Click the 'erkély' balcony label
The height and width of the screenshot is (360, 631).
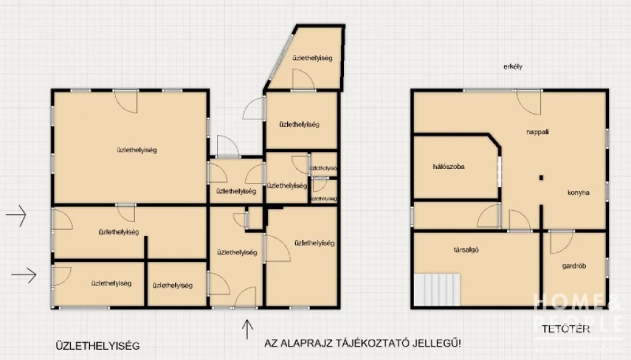click(513, 67)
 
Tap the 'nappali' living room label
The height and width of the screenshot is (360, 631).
click(537, 132)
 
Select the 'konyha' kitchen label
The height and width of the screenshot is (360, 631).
click(579, 192)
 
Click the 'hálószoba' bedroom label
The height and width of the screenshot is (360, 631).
click(449, 167)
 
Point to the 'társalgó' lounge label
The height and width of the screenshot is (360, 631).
click(466, 250)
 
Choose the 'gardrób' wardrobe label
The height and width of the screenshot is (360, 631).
click(574, 266)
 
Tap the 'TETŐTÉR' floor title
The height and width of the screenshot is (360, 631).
click(566, 329)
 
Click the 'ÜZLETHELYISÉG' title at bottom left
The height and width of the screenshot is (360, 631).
click(97, 346)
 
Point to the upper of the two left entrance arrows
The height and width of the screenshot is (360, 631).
click(16, 216)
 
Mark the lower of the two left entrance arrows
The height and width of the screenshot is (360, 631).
click(23, 274)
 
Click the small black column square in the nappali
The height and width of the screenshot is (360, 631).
click(541, 178)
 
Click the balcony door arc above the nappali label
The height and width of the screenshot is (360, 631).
click(529, 102)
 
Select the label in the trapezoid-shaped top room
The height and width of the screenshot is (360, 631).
click(312, 58)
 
